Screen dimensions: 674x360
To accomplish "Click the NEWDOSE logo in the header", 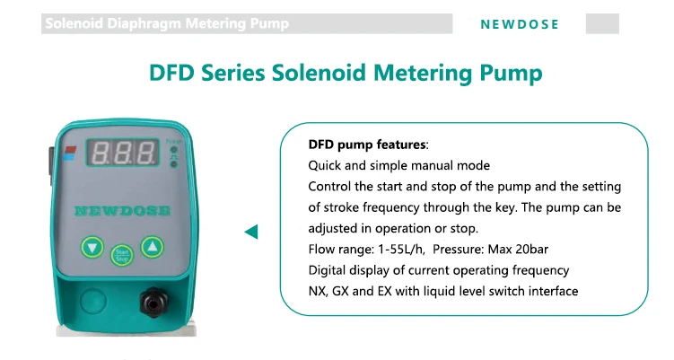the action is pyautogui.click(x=520, y=24).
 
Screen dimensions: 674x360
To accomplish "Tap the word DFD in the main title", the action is pyautogui.click(x=171, y=72).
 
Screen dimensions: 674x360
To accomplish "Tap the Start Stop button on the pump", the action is pyautogui.click(x=122, y=256).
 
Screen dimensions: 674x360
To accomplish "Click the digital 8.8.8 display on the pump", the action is pyautogui.click(x=123, y=153).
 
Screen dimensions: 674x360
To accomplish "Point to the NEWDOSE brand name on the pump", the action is pyautogui.click(x=122, y=210).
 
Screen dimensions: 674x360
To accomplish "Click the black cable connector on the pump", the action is pyautogui.click(x=153, y=303).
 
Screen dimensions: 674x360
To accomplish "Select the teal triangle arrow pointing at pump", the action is pyautogui.click(x=251, y=232).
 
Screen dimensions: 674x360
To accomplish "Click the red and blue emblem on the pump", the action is pyautogui.click(x=70, y=153).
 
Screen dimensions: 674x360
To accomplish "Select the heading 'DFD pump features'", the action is pyautogui.click(x=367, y=145).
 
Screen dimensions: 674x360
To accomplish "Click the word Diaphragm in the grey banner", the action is pyautogui.click(x=144, y=23).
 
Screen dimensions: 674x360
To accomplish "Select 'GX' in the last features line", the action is pyautogui.click(x=340, y=291).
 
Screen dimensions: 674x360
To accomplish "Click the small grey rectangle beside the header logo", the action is pyautogui.click(x=602, y=23).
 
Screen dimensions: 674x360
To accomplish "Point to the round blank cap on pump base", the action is pyautogui.click(x=92, y=301).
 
